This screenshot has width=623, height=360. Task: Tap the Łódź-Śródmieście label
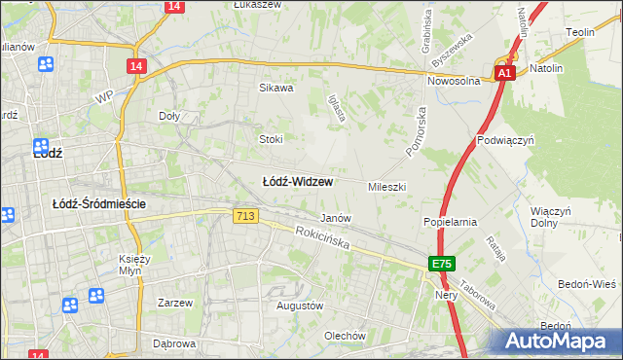98,203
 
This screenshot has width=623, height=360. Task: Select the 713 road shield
246,216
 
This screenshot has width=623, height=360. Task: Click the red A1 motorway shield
503,73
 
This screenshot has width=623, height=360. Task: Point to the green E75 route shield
442,264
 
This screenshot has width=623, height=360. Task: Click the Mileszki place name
386,186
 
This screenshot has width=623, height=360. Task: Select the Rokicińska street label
322,238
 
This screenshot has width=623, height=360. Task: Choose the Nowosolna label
454,82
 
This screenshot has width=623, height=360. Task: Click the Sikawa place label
275,88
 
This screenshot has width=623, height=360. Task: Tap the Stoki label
270,139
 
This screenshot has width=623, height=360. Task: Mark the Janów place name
335,218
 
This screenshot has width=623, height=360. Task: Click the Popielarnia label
450,222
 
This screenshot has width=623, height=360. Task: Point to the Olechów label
345,336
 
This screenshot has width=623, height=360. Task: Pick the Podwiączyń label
507,140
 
